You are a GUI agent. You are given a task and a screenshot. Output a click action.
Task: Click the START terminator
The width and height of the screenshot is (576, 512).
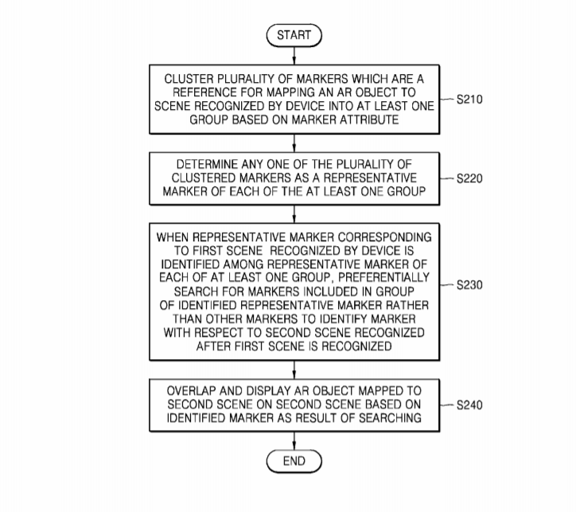294,35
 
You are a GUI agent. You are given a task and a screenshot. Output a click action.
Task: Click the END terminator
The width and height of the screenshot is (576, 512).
294,461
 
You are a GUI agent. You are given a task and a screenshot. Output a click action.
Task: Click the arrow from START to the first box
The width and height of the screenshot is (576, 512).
294,55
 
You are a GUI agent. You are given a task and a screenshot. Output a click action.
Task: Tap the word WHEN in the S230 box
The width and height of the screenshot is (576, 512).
174,237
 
